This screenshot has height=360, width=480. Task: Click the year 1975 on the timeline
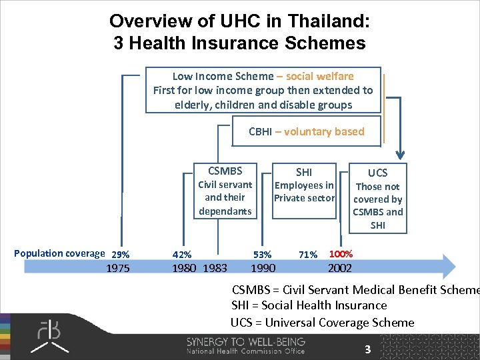pyautogui.click(x=119, y=268)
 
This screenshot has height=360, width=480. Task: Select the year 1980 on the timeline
pyautogui.click(x=184, y=268)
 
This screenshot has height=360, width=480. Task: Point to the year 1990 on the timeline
pyautogui.click(x=263, y=268)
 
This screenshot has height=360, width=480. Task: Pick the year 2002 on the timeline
pyautogui.click(x=340, y=268)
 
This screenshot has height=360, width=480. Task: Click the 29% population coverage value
pyautogui.click(x=121, y=254)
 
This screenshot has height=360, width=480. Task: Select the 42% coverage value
pyautogui.click(x=182, y=254)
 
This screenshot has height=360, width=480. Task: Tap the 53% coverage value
pyautogui.click(x=262, y=254)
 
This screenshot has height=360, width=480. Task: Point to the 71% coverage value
pyautogui.click(x=308, y=254)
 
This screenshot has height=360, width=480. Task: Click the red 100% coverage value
pyautogui.click(x=341, y=254)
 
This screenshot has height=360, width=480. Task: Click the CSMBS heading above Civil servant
pyautogui.click(x=225, y=171)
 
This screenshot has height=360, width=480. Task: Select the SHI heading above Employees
pyautogui.click(x=303, y=172)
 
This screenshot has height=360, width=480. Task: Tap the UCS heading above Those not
pyautogui.click(x=377, y=173)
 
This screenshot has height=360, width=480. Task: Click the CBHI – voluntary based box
pyautogui.click(x=306, y=131)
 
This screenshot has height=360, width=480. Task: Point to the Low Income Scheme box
pyautogui.click(x=263, y=90)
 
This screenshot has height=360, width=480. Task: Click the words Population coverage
pyautogui.click(x=59, y=253)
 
